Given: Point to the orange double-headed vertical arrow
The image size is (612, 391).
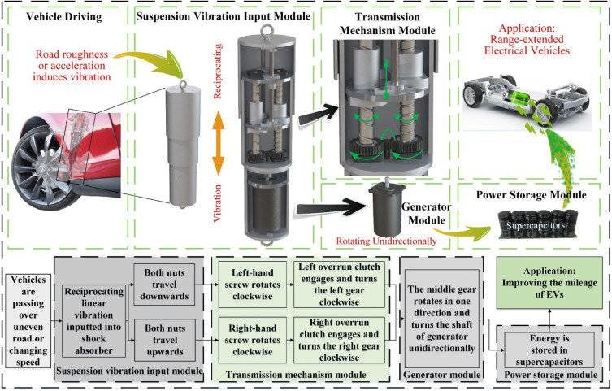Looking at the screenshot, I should [218, 142].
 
